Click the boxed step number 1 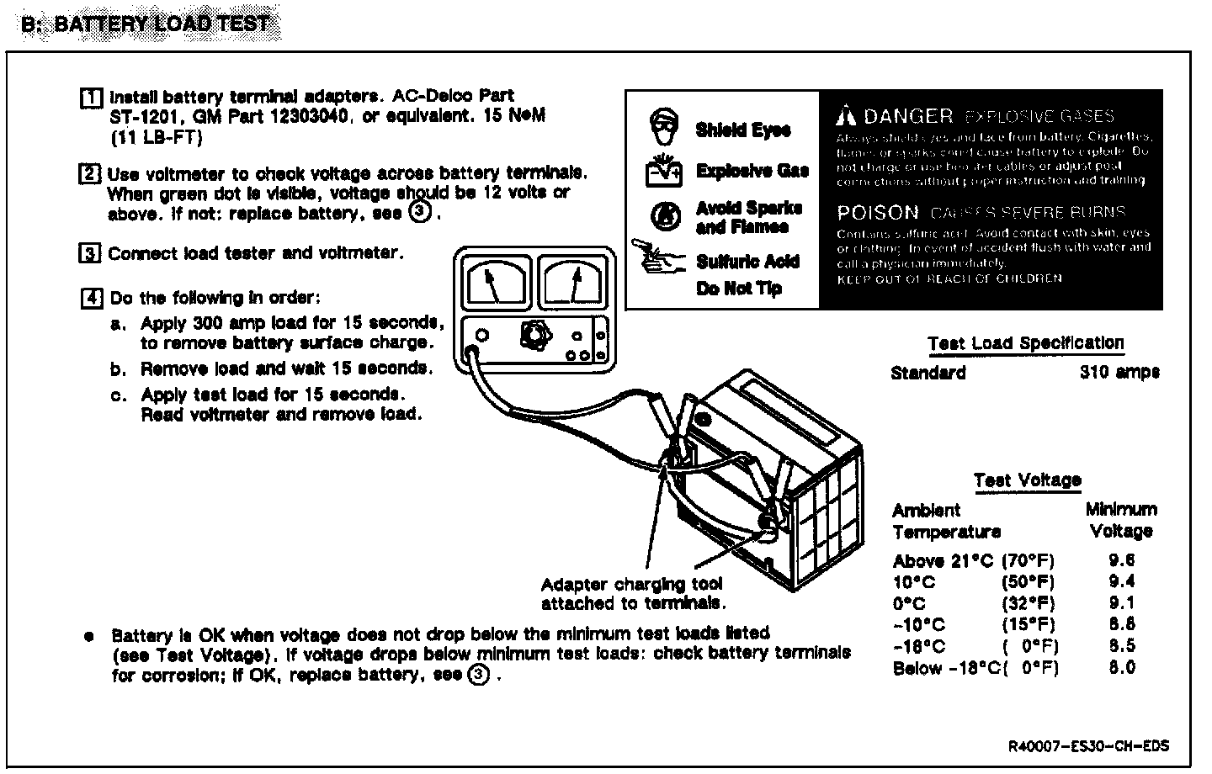point(90,97)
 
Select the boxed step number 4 point(91,298)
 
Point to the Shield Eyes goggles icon point(663,126)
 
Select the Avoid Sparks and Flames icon point(665,215)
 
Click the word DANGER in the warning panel point(908,116)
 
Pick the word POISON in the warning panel point(878,213)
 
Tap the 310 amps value point(1119,372)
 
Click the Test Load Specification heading point(1026,343)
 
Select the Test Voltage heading point(1028,480)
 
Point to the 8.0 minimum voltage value point(1122,668)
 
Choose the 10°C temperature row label point(913,582)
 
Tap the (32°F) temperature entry point(1029,603)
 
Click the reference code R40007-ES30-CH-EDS point(1088,746)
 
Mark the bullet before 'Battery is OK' point(88,636)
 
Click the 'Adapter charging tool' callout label point(631,585)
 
